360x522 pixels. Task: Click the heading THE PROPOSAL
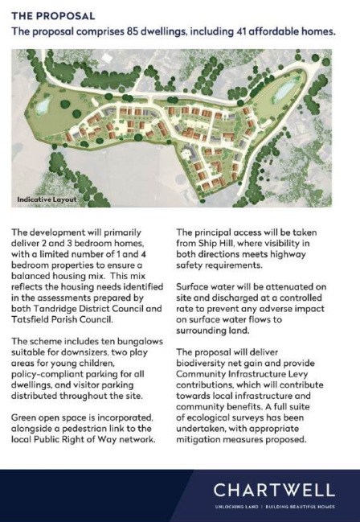(x=53, y=15)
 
